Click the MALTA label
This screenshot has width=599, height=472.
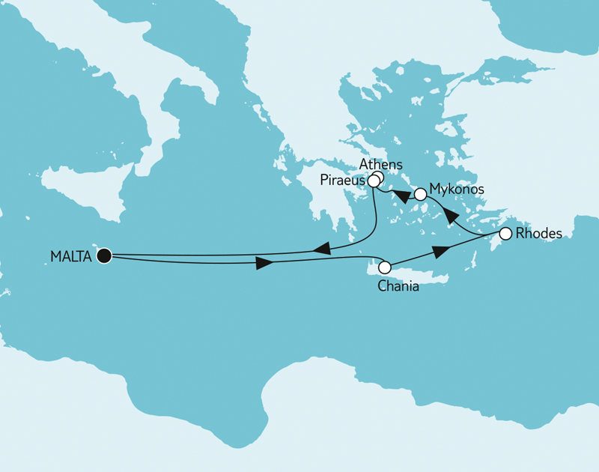pyautogui.click(x=70, y=257)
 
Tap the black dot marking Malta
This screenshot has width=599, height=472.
pyautogui.click(x=104, y=256)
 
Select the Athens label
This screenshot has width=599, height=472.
pyautogui.click(x=380, y=164)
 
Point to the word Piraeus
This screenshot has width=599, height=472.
pyautogui.click(x=342, y=181)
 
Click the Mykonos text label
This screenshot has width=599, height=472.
pyautogui.click(x=457, y=190)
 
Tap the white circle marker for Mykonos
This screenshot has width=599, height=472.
pyautogui.click(x=421, y=194)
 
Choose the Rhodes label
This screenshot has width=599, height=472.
pyautogui.click(x=539, y=234)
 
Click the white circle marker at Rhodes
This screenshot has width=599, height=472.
pyautogui.click(x=505, y=234)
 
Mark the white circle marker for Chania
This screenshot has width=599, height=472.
pyautogui.click(x=385, y=267)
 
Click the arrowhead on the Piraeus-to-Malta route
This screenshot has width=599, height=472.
pyautogui.click(x=320, y=248)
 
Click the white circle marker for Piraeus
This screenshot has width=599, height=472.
pyautogui.click(x=374, y=181)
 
